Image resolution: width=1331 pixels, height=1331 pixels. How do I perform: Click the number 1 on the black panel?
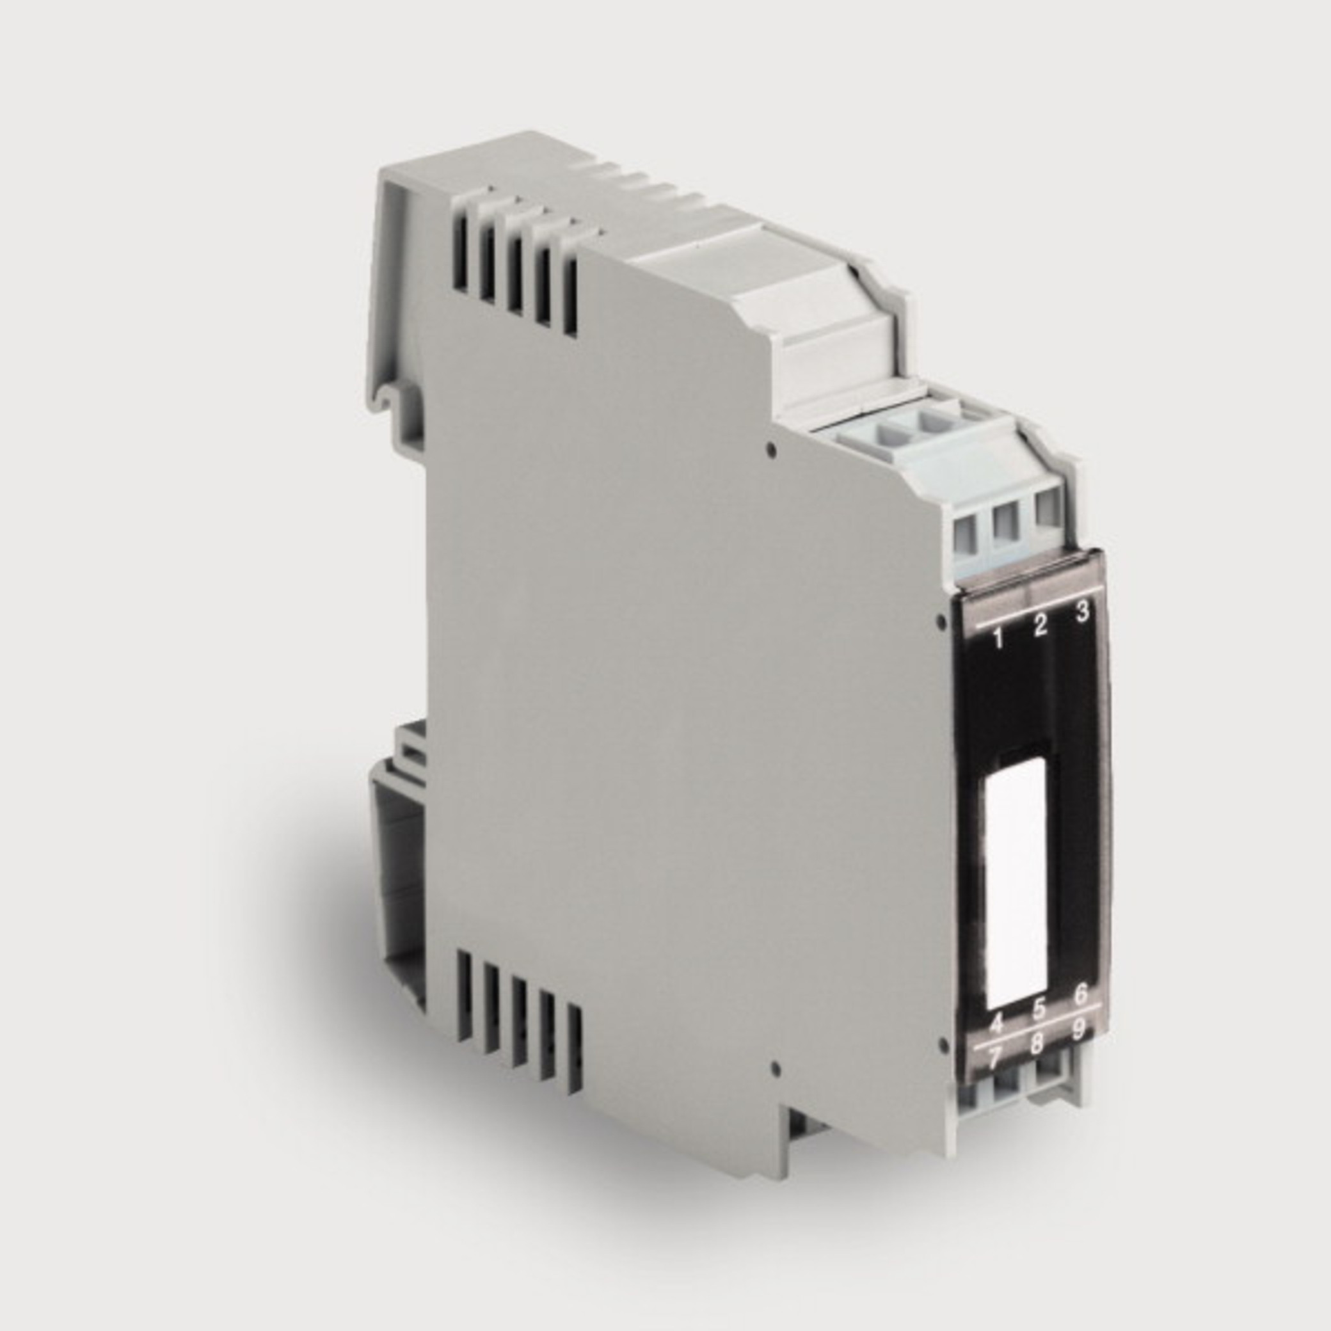click(x=998, y=639)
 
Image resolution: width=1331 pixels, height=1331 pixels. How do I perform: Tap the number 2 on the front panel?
click(x=1040, y=625)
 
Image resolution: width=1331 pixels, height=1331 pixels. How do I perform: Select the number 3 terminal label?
click(x=1082, y=611)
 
